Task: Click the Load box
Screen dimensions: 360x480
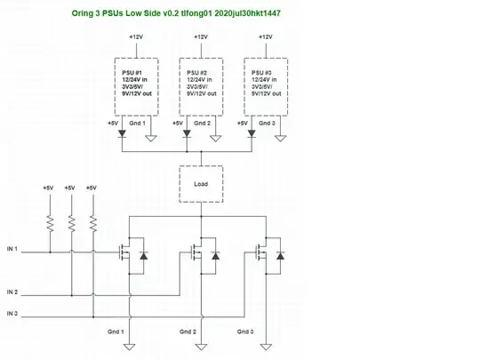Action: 201,184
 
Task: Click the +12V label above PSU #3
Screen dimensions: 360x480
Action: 265,37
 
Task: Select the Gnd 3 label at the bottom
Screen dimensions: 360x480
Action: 246,332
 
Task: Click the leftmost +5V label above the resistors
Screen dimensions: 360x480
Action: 48,188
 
